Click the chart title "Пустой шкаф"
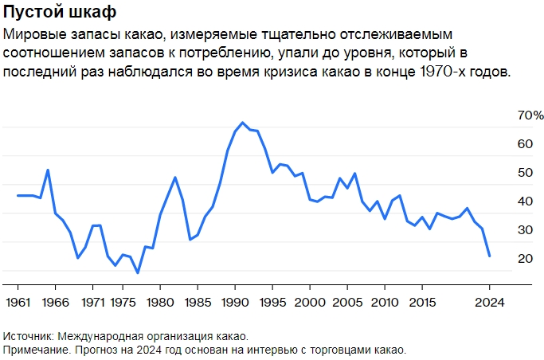60,13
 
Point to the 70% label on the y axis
530,115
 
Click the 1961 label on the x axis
18,303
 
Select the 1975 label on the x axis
122,303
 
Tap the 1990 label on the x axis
234,303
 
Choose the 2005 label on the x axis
346,303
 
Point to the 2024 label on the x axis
489,303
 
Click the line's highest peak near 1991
242,123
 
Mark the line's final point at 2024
489,256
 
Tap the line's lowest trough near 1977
137,273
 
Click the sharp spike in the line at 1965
48,170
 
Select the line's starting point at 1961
18,195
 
